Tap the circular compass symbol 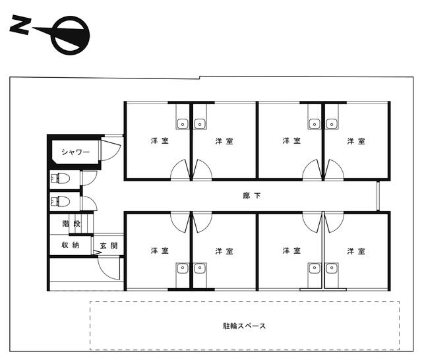point(71,35)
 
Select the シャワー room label point(75,152)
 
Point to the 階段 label point(71,224)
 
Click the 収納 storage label point(71,245)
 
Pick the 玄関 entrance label point(109,246)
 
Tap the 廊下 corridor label point(252,196)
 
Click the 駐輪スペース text point(245,326)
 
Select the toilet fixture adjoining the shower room point(60,179)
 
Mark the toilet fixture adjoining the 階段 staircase point(60,201)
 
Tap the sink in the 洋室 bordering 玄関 point(183,268)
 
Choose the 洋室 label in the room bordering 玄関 point(160,251)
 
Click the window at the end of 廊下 point(378,196)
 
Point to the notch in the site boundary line point(199,78)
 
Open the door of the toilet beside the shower point(89,178)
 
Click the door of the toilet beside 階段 point(89,204)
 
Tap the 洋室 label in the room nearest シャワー point(160,140)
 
